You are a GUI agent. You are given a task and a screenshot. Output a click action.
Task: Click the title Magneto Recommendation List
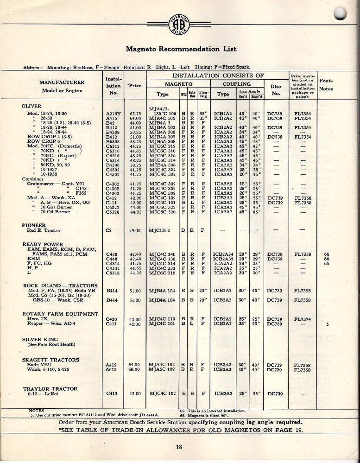click(181, 49)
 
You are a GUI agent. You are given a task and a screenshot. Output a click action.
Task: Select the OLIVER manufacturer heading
click(32, 106)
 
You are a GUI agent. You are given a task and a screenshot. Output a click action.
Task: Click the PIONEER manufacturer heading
click(34, 224)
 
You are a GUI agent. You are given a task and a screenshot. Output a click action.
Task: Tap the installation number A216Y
click(113, 113)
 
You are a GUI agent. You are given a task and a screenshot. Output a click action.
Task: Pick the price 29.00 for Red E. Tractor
click(135, 230)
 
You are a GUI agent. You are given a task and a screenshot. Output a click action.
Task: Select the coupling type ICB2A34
click(223, 254)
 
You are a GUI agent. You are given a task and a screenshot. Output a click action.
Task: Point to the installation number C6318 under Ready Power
click(114, 273)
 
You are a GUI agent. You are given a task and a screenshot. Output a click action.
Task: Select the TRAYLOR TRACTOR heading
click(50, 388)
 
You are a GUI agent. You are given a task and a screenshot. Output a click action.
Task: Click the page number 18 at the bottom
click(179, 447)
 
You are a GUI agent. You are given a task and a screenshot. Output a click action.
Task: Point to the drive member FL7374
click(302, 319)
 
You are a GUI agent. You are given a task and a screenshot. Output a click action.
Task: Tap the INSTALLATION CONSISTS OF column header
click(218, 75)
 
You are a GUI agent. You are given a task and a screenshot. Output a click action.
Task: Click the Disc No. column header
click(276, 90)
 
